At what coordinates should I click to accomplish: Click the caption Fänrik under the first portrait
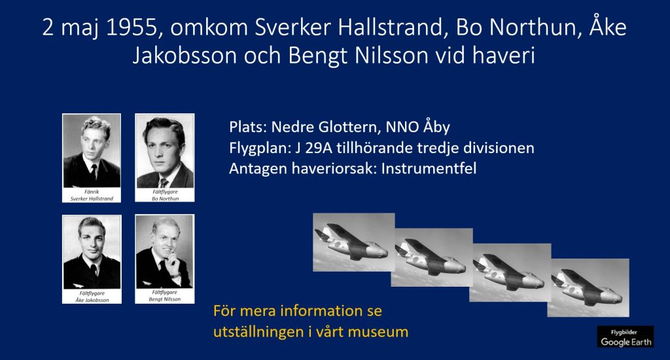(92, 192)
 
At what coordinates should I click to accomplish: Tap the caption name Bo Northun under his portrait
(166, 199)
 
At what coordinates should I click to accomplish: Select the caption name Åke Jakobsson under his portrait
(92, 300)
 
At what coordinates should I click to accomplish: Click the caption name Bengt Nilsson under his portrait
(165, 299)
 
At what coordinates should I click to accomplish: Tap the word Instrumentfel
(429, 168)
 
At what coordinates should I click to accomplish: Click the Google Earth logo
(626, 336)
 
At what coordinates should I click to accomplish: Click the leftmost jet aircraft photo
(354, 242)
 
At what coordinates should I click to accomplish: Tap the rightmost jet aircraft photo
(588, 288)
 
